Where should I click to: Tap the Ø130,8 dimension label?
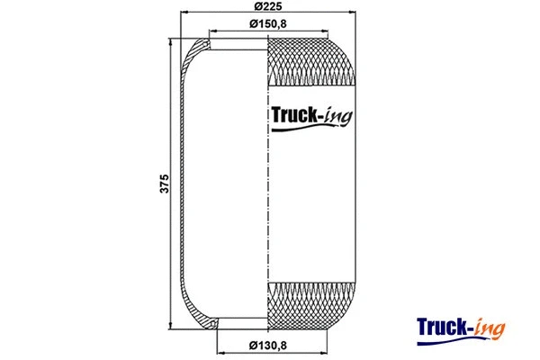tap(269, 344)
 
